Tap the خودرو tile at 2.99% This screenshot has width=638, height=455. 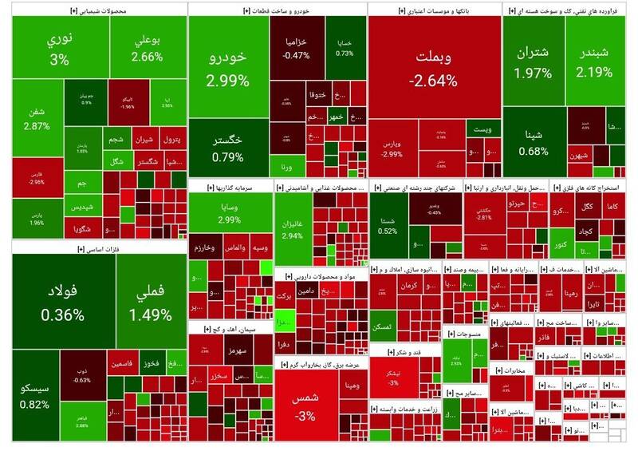tap(227, 70)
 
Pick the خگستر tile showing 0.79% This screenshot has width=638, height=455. tap(227, 148)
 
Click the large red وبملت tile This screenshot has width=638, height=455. tap(435, 70)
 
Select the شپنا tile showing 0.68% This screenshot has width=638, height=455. tap(534, 142)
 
